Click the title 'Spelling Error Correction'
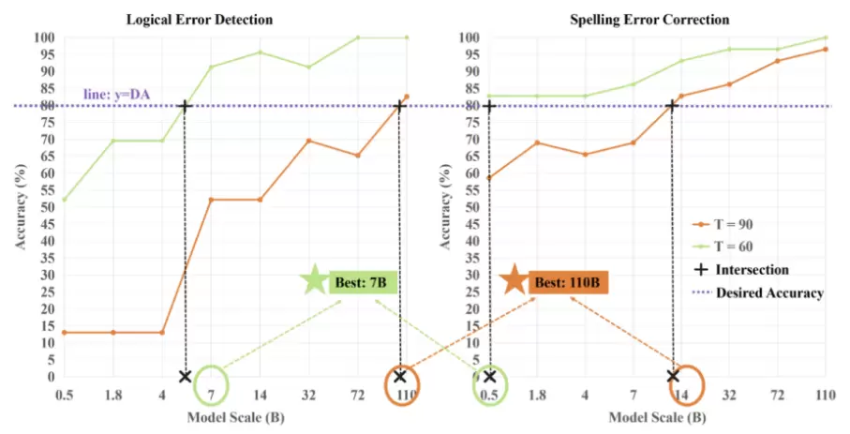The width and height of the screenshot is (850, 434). (664, 19)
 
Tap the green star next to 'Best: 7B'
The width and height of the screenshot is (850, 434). (314, 280)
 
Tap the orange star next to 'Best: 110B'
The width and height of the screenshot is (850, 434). (513, 280)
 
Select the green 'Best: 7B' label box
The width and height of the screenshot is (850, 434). (363, 281)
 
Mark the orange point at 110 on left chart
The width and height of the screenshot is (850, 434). (406, 97)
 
